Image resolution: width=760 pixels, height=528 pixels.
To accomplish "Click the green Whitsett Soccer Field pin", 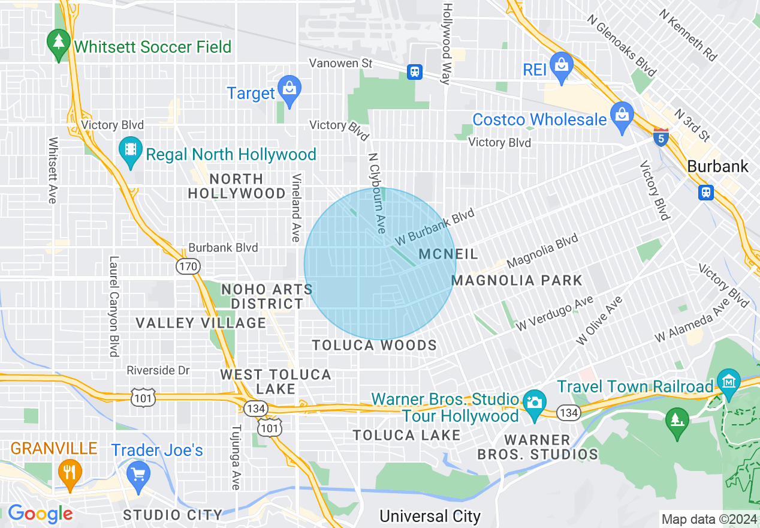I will [58, 44].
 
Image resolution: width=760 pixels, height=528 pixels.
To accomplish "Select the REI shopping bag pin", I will [562, 66].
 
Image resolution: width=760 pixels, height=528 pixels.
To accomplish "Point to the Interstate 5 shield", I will [661, 137].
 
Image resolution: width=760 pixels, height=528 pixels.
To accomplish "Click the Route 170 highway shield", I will [188, 266].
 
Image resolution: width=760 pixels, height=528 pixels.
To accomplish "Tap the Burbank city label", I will [718, 166].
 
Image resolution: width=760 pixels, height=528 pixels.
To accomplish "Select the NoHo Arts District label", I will [267, 296].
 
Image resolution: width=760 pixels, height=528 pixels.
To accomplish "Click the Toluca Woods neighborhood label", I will [375, 345].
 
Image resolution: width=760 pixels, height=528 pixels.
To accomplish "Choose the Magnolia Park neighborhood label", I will [517, 280].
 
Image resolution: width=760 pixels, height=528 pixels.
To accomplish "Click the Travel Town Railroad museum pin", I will [729, 383].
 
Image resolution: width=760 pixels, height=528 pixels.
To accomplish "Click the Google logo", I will [40, 514].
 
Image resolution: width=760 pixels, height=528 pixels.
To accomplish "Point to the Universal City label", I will [430, 516].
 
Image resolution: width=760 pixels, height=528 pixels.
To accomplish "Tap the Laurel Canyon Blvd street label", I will [113, 307].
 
